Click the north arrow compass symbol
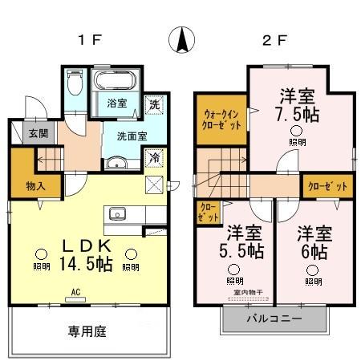(x=185, y=40)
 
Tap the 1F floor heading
(x=89, y=41)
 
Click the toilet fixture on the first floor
(x=75, y=83)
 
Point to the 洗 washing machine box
(x=153, y=103)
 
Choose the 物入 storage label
(x=24, y=187)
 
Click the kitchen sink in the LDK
(x=116, y=214)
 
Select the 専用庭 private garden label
(x=87, y=329)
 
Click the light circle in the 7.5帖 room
(x=297, y=132)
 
